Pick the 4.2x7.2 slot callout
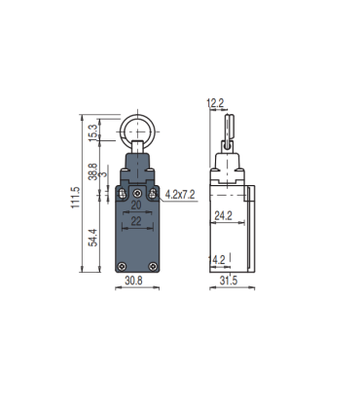point(180,195)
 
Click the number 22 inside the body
point(136,223)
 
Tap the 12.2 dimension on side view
point(216,102)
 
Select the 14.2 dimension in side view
point(218,259)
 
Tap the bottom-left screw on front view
point(120,268)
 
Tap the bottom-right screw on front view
point(152,268)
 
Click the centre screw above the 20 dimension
point(136,192)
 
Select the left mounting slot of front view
point(121,195)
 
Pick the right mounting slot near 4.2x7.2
point(153,195)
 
